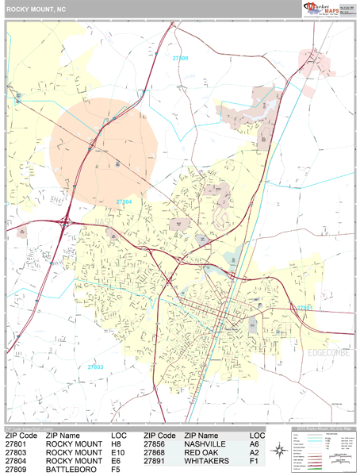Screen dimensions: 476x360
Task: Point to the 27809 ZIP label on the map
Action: pyautogui.click(x=181, y=59)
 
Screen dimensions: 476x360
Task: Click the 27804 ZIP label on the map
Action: pyautogui.click(x=124, y=203)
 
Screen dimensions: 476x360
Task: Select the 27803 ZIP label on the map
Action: pyautogui.click(x=95, y=367)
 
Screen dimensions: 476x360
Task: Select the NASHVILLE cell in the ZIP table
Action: pyautogui.click(x=208, y=443)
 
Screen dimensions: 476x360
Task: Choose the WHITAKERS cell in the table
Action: pyautogui.click(x=209, y=461)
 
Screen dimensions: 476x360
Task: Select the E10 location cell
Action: pyautogui.click(x=117, y=452)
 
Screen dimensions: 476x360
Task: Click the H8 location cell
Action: pyautogui.click(x=116, y=443)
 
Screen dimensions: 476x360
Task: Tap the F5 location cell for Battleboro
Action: pyautogui.click(x=116, y=470)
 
